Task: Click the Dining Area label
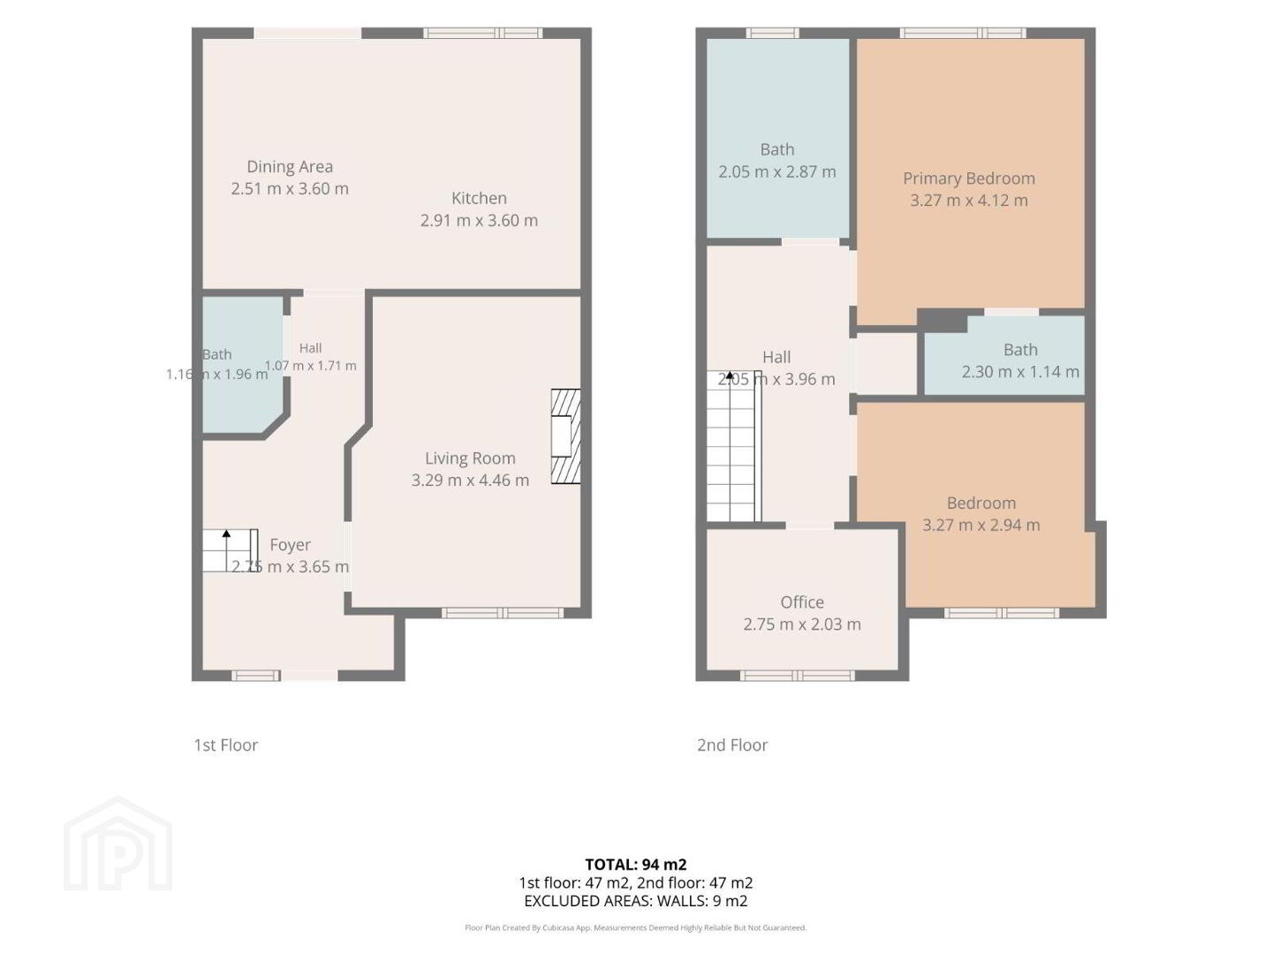[290, 167]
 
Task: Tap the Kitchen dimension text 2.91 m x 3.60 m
[479, 220]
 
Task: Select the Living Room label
[470, 458]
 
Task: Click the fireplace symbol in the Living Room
[565, 436]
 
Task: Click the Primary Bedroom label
[968, 178]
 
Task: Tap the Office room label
[802, 602]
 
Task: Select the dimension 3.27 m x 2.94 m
[980, 525]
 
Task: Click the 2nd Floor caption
[732, 745]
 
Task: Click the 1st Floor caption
[226, 745]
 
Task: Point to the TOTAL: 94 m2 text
[636, 864]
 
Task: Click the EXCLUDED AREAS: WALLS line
[636, 901]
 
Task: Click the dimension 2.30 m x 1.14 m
[1020, 372]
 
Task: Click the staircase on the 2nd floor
[733, 446]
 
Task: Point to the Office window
[797, 676]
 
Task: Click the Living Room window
[502, 613]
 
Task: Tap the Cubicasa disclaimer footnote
[636, 927]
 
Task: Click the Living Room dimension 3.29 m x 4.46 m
[470, 481]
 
